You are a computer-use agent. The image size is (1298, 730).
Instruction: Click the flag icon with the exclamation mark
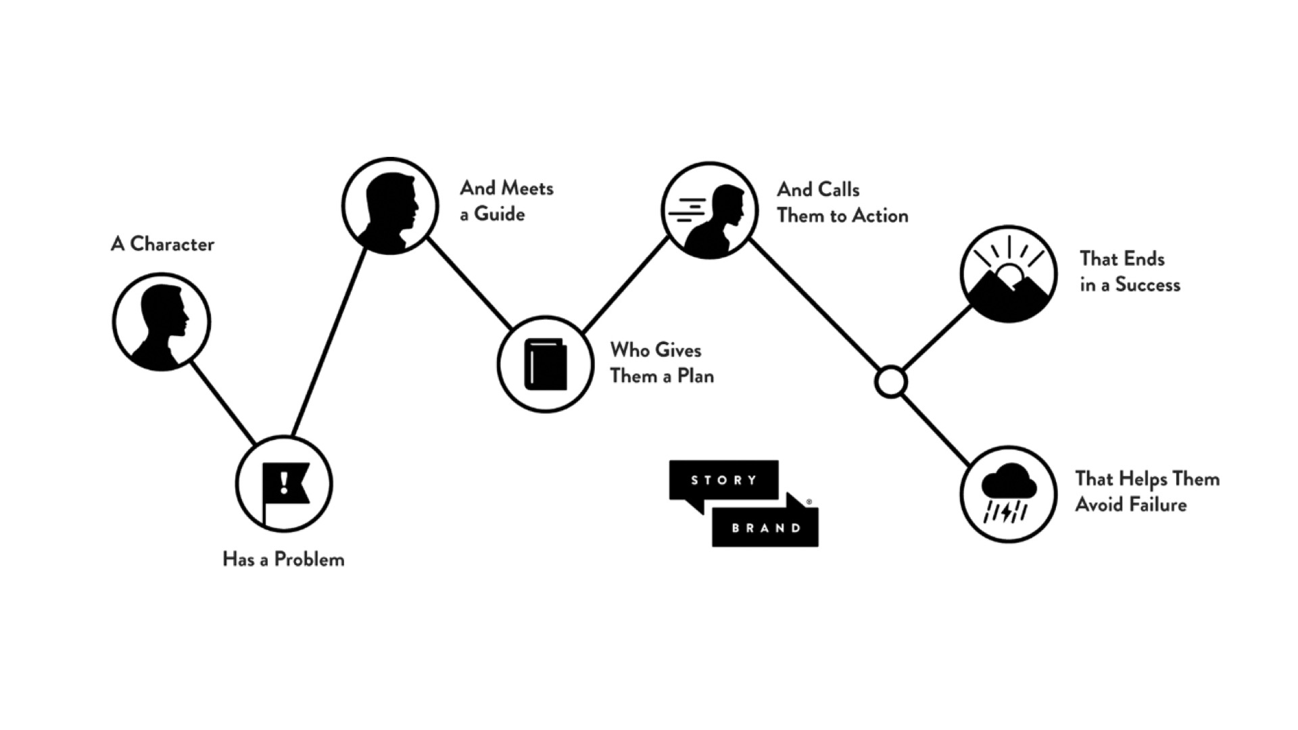pos(285,484)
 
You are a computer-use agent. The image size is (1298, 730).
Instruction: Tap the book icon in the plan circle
pos(546,364)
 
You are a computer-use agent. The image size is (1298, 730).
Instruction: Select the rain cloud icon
pos(1009,481)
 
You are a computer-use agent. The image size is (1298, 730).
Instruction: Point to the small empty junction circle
pos(890,382)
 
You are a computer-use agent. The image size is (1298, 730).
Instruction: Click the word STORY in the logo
pos(724,480)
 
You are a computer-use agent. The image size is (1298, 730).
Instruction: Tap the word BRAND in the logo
pos(766,528)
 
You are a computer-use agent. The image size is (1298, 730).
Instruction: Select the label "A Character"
pos(162,244)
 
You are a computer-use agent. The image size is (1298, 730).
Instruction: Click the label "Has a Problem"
pos(283,560)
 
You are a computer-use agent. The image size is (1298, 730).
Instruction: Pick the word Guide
pos(500,214)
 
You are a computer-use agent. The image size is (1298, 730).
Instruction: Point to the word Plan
pos(696,376)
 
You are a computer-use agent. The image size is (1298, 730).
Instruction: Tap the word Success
pos(1147,285)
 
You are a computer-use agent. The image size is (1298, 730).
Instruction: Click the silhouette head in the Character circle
pos(164,314)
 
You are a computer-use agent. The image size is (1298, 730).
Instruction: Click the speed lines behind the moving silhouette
pos(686,210)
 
